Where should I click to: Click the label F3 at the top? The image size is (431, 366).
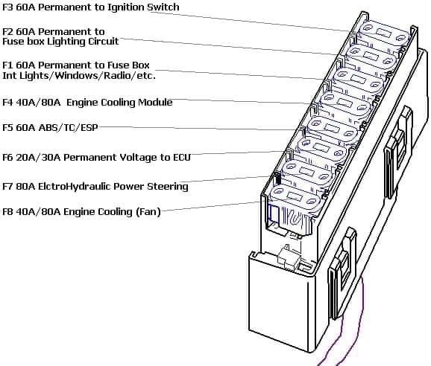tap(7, 7)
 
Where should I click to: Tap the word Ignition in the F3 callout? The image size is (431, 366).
tap(126, 7)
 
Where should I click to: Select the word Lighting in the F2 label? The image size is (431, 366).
tap(66, 42)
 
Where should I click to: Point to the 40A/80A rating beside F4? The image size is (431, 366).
tap(38, 103)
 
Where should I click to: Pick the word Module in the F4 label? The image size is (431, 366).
tap(155, 102)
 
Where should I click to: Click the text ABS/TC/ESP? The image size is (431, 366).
tap(69, 128)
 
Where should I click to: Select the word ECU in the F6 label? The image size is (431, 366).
tap(182, 158)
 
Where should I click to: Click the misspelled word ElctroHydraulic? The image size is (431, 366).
tap(75, 187)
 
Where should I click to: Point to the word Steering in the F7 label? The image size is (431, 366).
tap(168, 187)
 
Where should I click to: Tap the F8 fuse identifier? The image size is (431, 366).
tap(7, 212)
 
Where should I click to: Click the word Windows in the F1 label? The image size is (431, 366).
tap(75, 75)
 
